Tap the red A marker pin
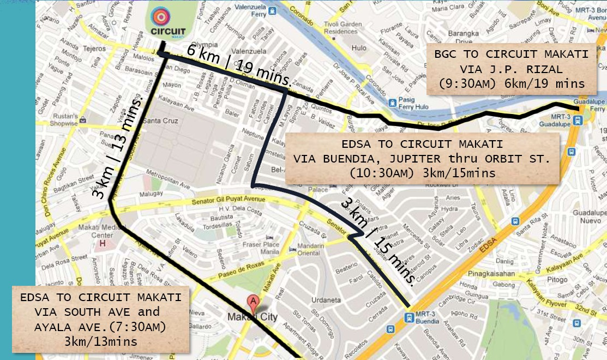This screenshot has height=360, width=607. (x=253, y=302)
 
